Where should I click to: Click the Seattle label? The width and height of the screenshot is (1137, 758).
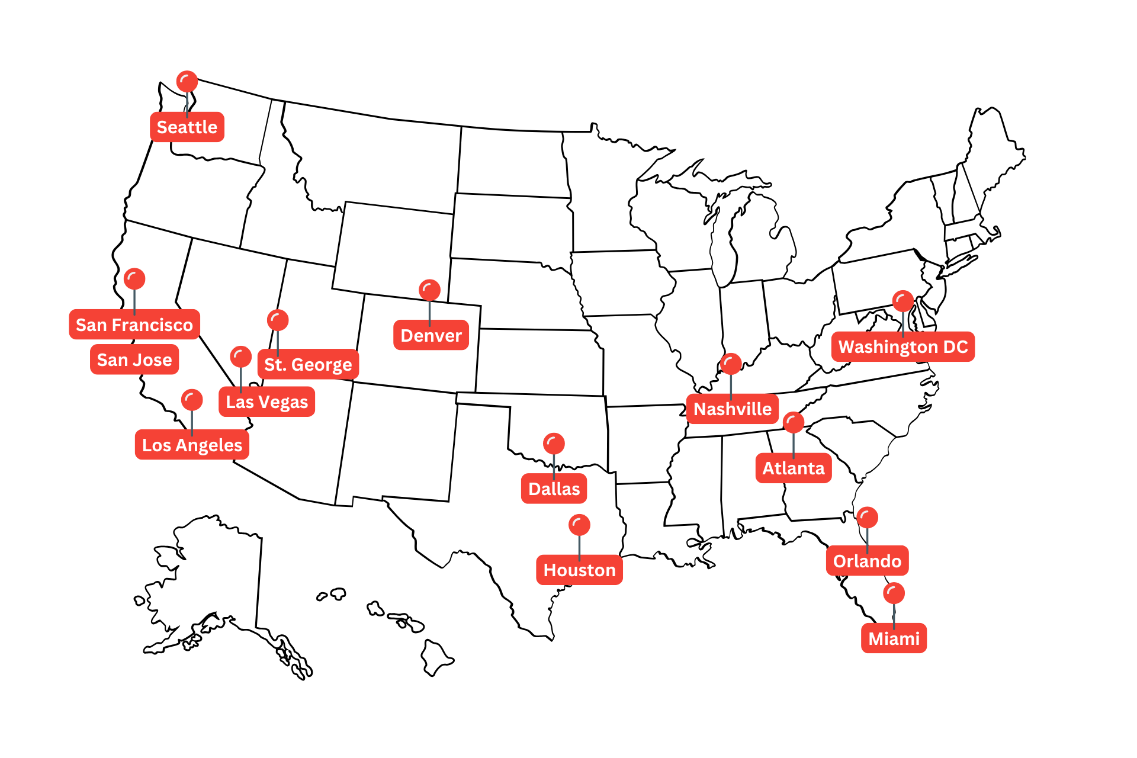point(187,127)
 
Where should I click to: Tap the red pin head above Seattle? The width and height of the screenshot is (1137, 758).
point(187,82)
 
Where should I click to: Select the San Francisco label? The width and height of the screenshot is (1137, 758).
point(134,325)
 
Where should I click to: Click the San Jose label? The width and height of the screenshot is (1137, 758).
point(134,359)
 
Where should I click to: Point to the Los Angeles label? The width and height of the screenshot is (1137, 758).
point(192,445)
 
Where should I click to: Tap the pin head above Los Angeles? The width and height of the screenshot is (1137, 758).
point(192,400)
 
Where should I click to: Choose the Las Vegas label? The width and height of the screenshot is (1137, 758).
point(266,402)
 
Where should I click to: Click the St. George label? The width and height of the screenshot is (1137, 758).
point(308,364)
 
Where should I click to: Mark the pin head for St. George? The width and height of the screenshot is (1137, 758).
point(278,320)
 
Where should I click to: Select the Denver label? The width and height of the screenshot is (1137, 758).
point(431,335)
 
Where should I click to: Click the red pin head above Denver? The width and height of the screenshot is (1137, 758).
point(429,290)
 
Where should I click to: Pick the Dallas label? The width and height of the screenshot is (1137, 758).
point(554,489)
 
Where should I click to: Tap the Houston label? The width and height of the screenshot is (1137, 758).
point(579,570)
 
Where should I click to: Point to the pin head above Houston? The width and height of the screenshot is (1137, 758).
point(579,525)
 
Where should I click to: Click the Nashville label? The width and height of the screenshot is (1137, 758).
point(732,409)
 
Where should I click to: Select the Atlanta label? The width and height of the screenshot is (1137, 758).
point(793,468)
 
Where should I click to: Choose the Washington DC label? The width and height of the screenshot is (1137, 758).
point(902,346)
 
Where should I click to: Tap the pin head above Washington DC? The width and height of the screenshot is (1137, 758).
point(903,301)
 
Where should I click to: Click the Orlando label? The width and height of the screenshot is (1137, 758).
point(867,561)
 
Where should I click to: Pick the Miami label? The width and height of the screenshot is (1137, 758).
point(894,638)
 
